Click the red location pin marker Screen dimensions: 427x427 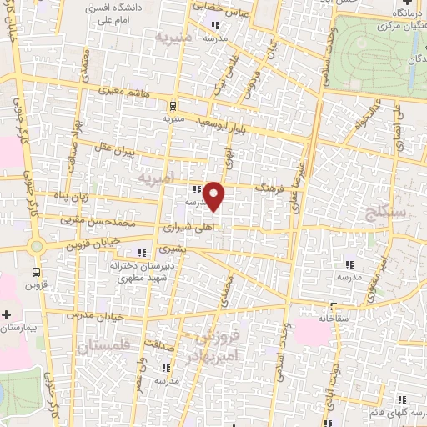(x=215, y=197)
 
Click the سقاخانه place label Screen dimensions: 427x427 (x=334, y=318)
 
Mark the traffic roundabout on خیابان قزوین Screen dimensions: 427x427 (x=36, y=246)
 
